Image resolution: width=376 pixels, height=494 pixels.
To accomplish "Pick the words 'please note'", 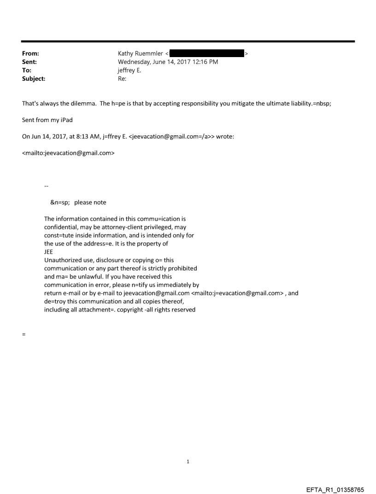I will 90,202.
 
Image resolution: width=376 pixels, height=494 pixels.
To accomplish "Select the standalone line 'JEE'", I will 48,252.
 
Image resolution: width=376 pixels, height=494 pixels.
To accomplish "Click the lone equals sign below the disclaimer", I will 23,334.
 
